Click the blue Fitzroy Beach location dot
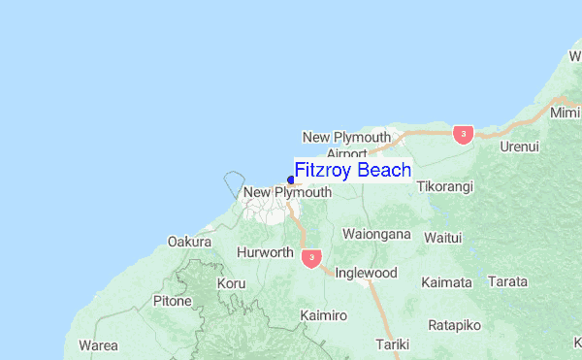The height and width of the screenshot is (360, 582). pyautogui.click(x=291, y=180)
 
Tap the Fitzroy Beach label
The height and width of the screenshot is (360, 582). pyautogui.click(x=352, y=171)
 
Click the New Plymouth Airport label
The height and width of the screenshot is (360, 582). pyautogui.click(x=346, y=145)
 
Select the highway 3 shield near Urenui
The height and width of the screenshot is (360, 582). pyautogui.click(x=463, y=134)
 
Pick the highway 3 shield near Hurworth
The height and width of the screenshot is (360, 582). pyautogui.click(x=310, y=257)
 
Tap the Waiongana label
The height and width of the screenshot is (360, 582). pyautogui.click(x=377, y=235)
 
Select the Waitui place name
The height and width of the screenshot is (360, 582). pyautogui.click(x=443, y=236)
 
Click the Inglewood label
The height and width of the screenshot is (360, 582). pyautogui.click(x=366, y=273)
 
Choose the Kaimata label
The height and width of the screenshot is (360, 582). pyautogui.click(x=446, y=282)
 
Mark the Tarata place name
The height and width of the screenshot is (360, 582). pyautogui.click(x=508, y=282)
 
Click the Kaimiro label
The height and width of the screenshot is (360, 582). pyautogui.click(x=323, y=316)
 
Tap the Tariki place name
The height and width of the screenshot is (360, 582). pyautogui.click(x=393, y=344)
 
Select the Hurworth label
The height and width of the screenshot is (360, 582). pyautogui.click(x=265, y=252)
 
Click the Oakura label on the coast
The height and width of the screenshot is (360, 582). pyautogui.click(x=189, y=241)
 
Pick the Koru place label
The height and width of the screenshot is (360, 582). pyautogui.click(x=232, y=283)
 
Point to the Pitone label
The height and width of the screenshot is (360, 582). pyautogui.click(x=172, y=301)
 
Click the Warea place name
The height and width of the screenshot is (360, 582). pyautogui.click(x=98, y=344)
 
